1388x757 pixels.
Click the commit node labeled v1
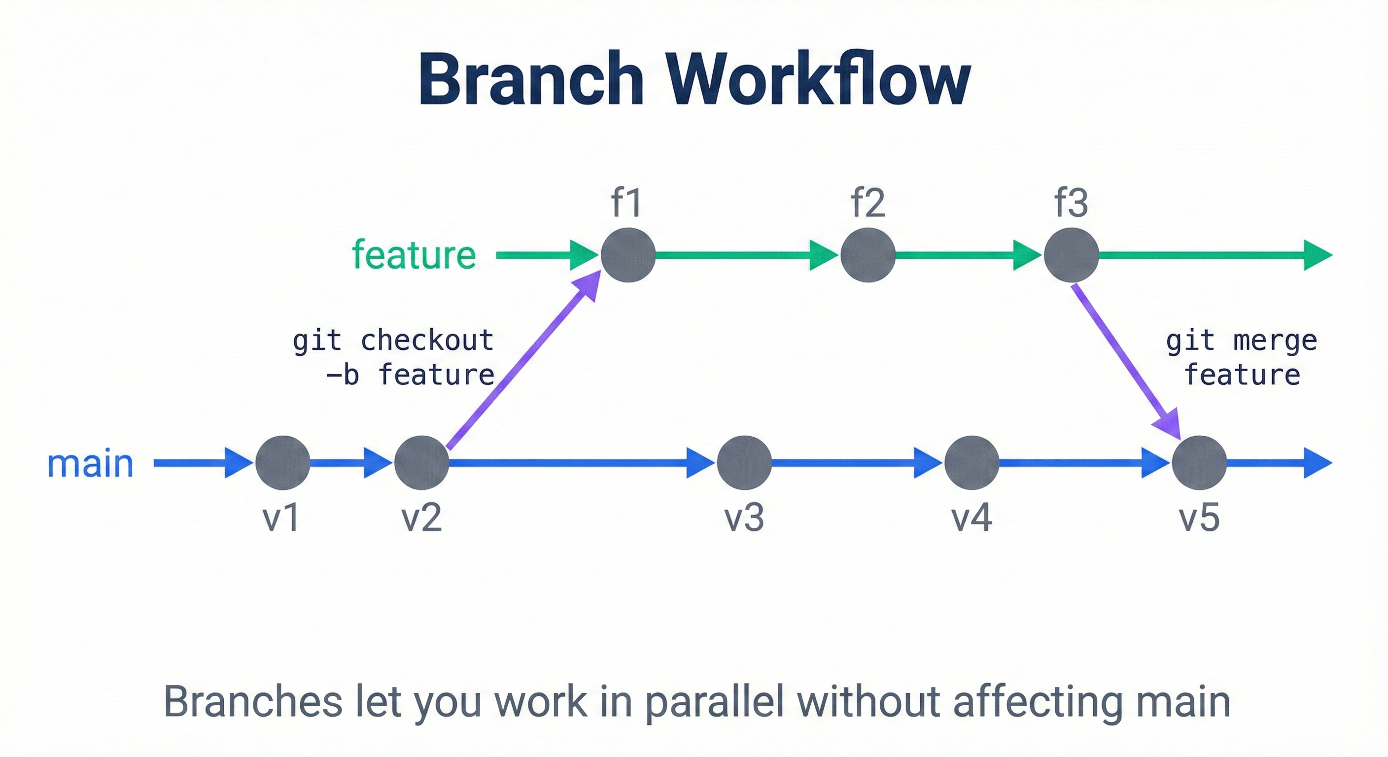(282, 463)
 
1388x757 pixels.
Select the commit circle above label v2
(421, 463)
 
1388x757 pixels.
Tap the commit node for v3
(744, 463)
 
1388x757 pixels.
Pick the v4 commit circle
(972, 463)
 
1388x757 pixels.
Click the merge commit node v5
(1199, 463)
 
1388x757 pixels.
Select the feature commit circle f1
(628, 255)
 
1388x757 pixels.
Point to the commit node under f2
(867, 255)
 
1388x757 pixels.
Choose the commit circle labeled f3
(1071, 255)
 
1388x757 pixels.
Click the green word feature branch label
(414, 255)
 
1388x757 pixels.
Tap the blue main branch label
(90, 463)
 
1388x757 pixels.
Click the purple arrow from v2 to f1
(517, 366)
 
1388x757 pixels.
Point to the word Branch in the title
(531, 80)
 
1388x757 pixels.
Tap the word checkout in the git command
(427, 341)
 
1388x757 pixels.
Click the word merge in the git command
(1275, 341)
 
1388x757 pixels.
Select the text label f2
(867, 203)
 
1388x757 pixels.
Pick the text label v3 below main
(744, 518)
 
